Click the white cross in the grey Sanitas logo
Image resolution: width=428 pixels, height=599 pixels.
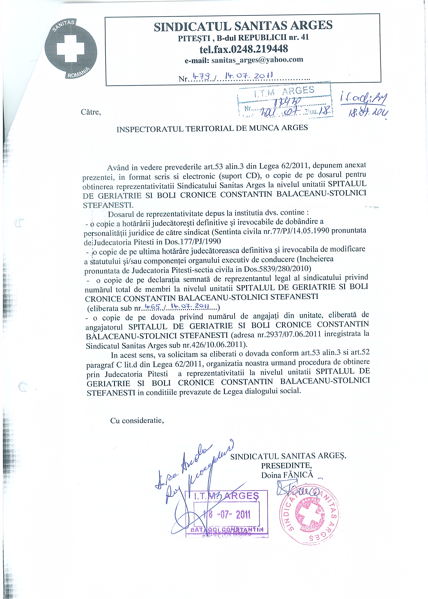tap(71, 49)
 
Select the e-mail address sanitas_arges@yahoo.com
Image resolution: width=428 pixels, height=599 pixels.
tap(257, 60)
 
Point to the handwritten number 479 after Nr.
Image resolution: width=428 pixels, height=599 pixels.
tap(201, 76)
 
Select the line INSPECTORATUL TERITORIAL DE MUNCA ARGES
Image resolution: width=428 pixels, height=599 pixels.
tap(212, 128)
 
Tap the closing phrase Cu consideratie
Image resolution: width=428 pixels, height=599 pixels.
tap(137, 421)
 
